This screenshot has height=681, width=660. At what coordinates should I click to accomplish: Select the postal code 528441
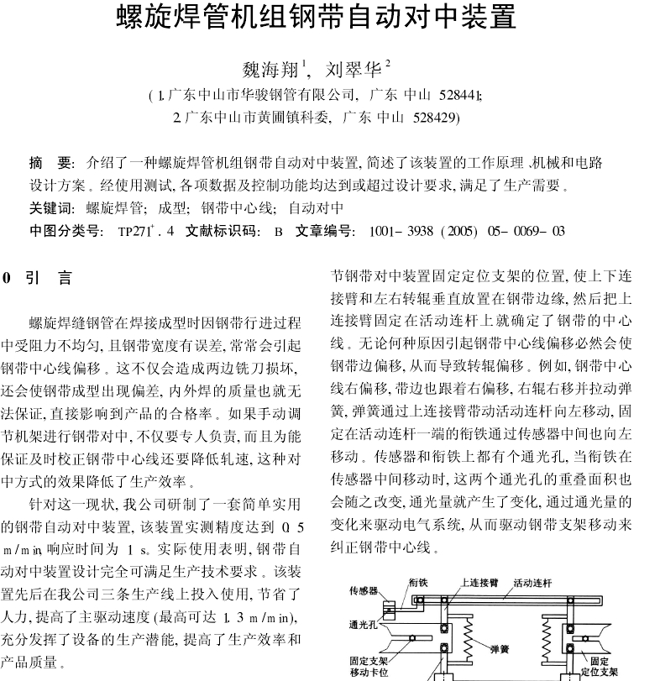click(458, 94)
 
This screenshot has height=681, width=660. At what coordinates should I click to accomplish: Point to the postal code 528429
click(436, 118)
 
